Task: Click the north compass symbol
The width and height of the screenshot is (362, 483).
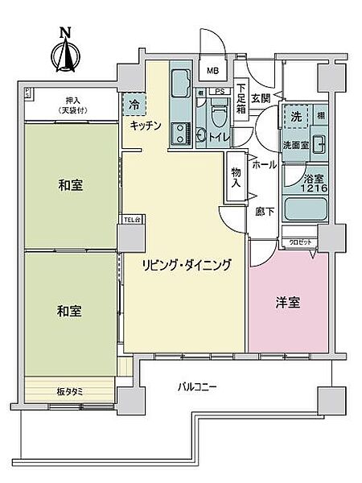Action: (64, 52)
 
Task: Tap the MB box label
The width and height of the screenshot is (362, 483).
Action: (213, 71)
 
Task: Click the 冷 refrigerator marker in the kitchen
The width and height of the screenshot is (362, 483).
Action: (134, 103)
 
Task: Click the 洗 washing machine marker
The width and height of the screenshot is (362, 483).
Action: (294, 115)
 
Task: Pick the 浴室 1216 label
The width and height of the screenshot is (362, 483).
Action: (314, 183)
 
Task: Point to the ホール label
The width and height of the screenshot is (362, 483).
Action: (265, 163)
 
